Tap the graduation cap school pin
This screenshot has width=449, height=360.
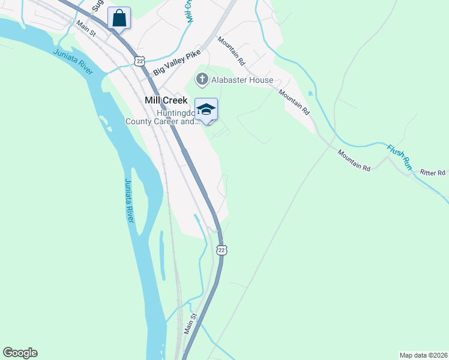(206, 110)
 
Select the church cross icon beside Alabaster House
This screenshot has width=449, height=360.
(202, 79)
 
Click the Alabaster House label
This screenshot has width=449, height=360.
(243, 80)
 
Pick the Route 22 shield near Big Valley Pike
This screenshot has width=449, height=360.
(139, 61)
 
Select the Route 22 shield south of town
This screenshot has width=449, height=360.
(221, 250)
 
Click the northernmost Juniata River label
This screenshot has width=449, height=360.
(73, 62)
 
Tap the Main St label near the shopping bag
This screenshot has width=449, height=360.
(85, 29)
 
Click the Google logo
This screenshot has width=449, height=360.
(20, 353)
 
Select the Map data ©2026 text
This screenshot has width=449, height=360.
(423, 355)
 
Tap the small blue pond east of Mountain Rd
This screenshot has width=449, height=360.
(309, 94)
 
